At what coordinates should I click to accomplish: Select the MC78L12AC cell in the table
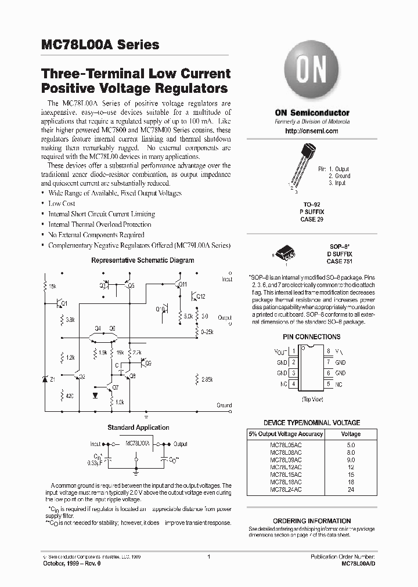(286, 466)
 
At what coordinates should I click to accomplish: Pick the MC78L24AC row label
(286, 490)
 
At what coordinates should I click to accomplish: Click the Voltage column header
(351, 434)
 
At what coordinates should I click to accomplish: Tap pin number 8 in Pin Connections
(329, 351)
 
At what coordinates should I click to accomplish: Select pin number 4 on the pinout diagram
(294, 383)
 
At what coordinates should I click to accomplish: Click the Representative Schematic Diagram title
(143, 260)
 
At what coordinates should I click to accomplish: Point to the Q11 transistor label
(182, 284)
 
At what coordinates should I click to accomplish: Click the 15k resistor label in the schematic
(52, 286)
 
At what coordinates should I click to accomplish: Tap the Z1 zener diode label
(53, 379)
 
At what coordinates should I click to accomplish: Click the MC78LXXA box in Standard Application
(138, 443)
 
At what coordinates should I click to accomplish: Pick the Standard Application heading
(138, 427)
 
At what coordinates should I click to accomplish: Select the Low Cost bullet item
(62, 204)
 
